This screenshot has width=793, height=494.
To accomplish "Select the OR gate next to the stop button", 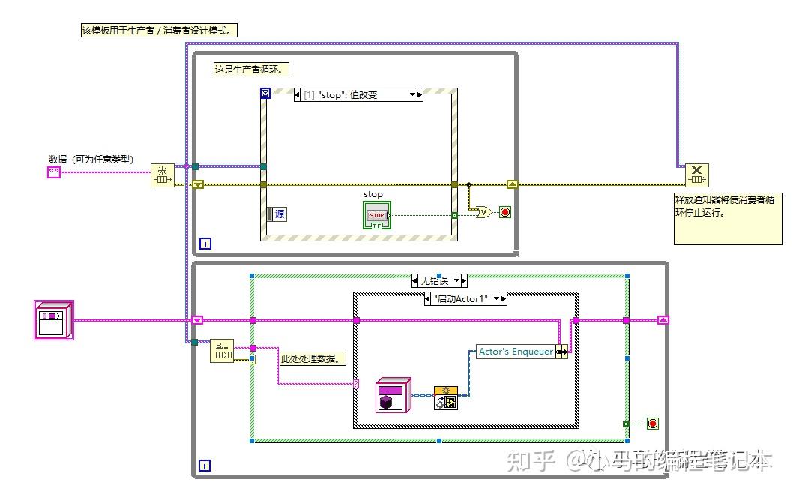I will point(484,212).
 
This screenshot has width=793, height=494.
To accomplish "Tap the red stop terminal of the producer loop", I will point(505,212).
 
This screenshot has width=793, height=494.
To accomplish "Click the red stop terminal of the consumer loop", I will point(653,424).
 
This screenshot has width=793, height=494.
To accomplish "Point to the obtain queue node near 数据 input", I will point(162,175).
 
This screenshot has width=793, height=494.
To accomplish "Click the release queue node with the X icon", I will point(697,175).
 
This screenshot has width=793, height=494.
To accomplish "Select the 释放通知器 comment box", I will point(727,217).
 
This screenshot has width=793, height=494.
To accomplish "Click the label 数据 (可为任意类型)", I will point(91,159).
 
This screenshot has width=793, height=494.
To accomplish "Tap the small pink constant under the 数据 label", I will point(54,172).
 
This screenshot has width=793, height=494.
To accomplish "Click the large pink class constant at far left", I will point(54,320).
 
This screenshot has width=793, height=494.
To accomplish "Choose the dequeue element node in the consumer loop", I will point(222,350).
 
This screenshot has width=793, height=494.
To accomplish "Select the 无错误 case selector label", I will point(439,281).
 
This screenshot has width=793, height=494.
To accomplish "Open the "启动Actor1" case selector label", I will point(465,298).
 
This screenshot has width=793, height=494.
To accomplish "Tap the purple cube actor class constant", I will point(393,395).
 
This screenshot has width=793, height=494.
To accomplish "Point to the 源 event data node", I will point(276,214).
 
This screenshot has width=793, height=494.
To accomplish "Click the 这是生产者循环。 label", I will point(252,69).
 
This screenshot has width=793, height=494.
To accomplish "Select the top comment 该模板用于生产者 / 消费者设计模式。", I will point(160,31).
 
